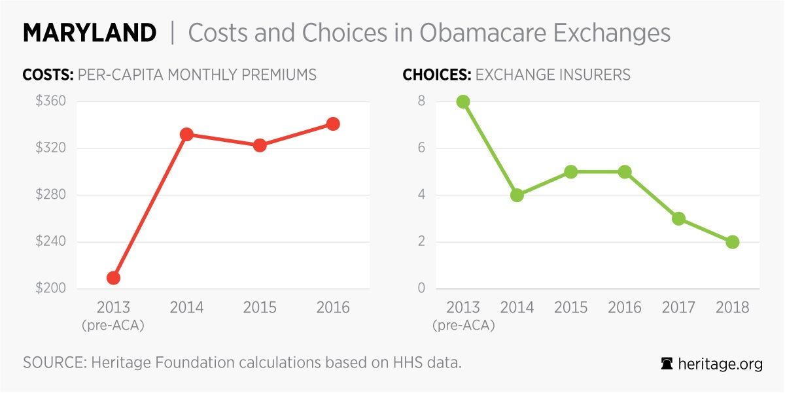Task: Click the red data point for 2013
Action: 113,278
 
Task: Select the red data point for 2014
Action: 186,135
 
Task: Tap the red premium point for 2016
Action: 333,124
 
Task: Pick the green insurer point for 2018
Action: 733,242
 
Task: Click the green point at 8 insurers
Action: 463,101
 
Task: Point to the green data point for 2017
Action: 678,218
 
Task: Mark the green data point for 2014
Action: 517,195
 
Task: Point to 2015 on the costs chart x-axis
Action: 260,307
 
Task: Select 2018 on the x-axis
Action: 733,307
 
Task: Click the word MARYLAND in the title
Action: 90,33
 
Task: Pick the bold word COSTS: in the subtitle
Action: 48,75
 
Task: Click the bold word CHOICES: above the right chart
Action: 436,75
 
